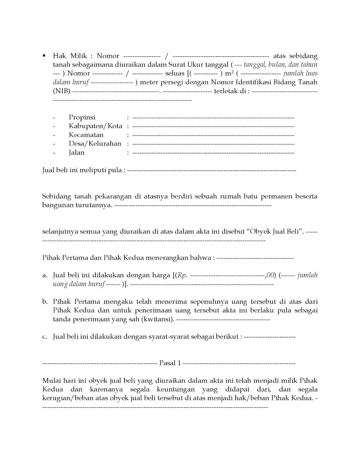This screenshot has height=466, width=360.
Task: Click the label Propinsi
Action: pos(82,117)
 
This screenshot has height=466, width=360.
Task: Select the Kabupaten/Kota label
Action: pos(95,126)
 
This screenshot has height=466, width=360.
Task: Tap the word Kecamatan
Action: pos(86,135)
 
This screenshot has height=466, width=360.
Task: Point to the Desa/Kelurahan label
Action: pos(95,144)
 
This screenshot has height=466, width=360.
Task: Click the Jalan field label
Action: pos(76,153)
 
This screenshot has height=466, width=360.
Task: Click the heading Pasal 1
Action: pos(170,363)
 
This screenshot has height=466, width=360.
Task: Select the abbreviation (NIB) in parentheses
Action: pos(61,91)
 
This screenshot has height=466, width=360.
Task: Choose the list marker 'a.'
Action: pos(45,275)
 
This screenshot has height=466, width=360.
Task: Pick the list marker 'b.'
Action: pos(45,302)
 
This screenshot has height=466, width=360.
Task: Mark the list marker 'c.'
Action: pos(45,337)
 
